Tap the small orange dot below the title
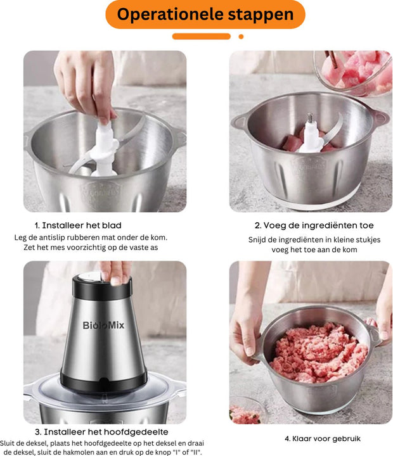(241, 37)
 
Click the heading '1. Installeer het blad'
(78, 225)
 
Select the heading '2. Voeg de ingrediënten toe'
(314, 225)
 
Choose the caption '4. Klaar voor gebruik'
(314, 438)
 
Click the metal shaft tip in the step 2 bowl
(310, 118)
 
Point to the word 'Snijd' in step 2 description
(259, 239)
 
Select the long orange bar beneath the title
(201, 37)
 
